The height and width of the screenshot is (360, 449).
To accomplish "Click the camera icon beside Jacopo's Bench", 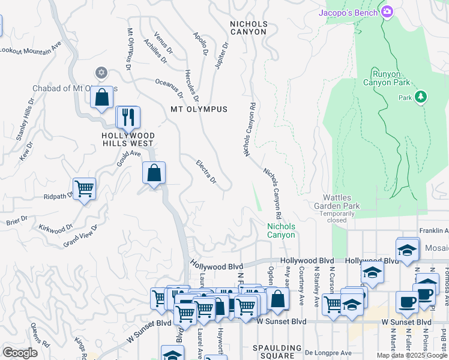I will pos(387,11).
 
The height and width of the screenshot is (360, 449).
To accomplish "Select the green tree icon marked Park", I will pos(421,97).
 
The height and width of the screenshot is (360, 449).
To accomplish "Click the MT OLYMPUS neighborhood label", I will pos(199,109).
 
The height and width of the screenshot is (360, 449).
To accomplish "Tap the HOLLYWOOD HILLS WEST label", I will pos(128,140).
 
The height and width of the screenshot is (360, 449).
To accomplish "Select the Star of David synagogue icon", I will pos(101,73).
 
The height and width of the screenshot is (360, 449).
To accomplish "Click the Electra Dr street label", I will pos(206,172).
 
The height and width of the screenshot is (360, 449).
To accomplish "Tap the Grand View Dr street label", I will pos(80,236).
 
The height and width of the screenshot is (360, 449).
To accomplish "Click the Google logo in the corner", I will pos(20,353).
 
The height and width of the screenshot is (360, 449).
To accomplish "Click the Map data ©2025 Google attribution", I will pos(411,355).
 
